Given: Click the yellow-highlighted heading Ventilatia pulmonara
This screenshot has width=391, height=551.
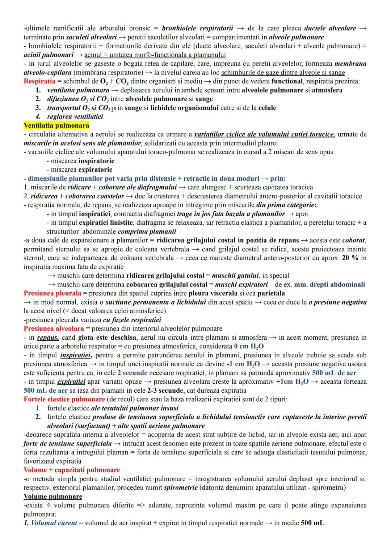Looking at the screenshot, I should click(x=56, y=125).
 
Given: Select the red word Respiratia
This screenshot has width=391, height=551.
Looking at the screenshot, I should click(x=39, y=81).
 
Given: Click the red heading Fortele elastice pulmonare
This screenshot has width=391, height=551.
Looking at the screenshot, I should click(x=64, y=399).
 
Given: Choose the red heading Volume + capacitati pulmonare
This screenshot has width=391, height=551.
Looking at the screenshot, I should click(x=72, y=470).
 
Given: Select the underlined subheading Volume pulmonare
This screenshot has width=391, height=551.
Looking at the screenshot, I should click(x=53, y=496).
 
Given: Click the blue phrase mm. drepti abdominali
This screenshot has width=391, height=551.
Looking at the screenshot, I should click(x=329, y=284).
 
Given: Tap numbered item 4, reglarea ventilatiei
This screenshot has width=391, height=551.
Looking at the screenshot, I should click(x=75, y=116).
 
